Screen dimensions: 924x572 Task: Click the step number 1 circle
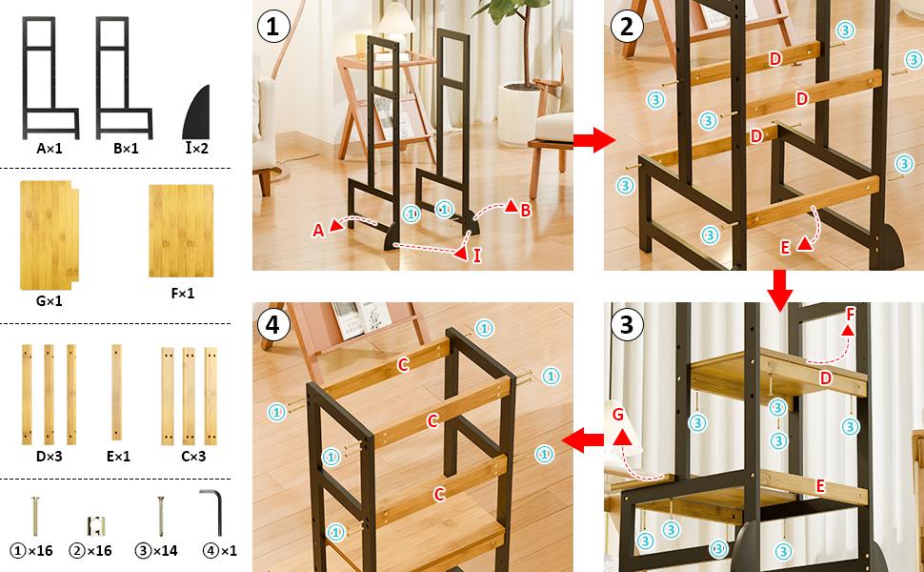(272, 27)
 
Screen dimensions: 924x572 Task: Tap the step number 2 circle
(627, 27)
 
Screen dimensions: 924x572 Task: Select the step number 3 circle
(627, 324)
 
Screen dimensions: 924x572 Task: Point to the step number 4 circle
(272, 324)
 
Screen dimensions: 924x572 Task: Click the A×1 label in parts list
(50, 149)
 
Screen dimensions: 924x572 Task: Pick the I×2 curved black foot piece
(197, 112)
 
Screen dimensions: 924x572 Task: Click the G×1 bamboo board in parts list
(49, 235)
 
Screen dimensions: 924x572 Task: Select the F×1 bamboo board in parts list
(181, 231)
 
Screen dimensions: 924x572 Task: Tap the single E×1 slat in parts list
(116, 392)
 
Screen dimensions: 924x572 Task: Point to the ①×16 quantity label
(31, 551)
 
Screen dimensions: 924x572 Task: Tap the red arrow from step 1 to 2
(594, 140)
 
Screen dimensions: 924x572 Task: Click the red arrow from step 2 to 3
(779, 290)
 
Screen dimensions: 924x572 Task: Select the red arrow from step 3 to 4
(582, 440)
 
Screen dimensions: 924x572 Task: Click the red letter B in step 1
(525, 210)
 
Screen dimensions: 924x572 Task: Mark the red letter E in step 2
(785, 248)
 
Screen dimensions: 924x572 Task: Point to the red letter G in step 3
(617, 415)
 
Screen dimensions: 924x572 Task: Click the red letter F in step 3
(850, 315)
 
